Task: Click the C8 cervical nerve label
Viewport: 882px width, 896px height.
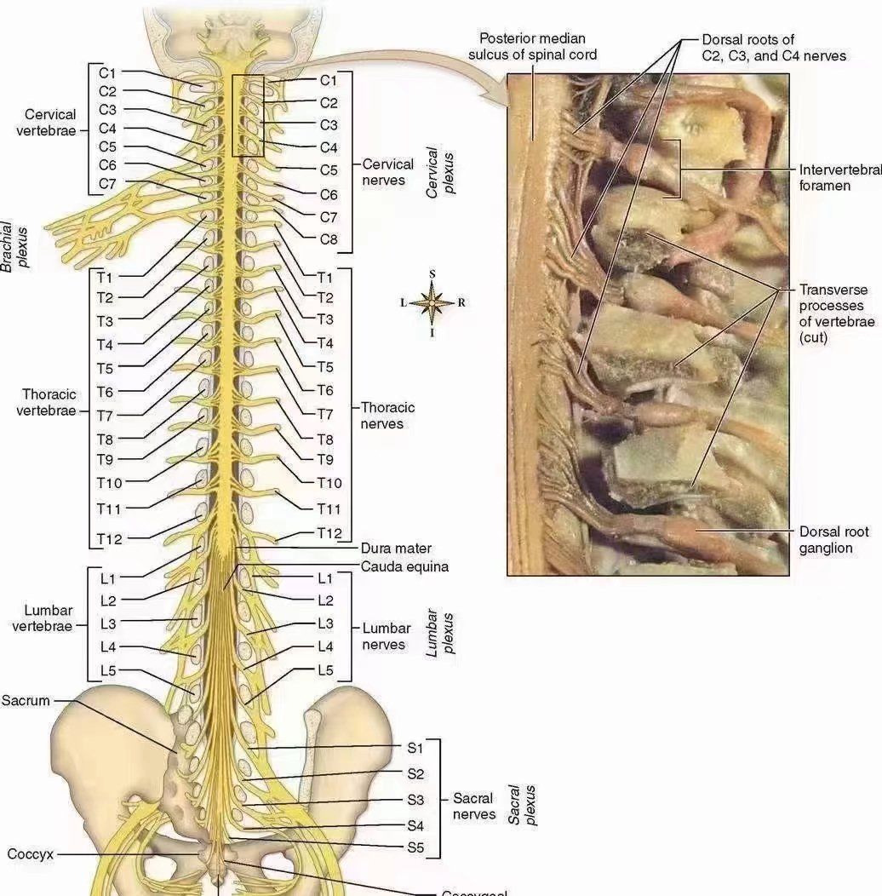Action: [x=329, y=239]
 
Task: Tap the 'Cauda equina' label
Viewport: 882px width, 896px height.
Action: [x=404, y=566]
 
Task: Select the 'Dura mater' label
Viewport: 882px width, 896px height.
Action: [x=396, y=549]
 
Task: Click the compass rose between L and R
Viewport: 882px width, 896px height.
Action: [x=432, y=302]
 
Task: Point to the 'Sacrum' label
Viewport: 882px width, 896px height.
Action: [x=26, y=701]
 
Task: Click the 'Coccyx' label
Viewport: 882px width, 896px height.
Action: [x=30, y=853]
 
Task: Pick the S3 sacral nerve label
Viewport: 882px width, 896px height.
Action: [x=415, y=800]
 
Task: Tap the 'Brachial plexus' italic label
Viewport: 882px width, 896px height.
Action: [x=14, y=247]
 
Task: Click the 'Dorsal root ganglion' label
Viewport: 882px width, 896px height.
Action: [x=834, y=540]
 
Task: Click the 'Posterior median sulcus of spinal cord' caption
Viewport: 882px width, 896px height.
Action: [x=533, y=47]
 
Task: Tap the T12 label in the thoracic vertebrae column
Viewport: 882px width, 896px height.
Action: [x=109, y=538]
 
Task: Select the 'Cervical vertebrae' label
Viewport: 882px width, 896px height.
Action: [x=50, y=122]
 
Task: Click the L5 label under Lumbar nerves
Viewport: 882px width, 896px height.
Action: [x=325, y=670]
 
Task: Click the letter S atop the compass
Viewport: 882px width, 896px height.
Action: [x=432, y=273]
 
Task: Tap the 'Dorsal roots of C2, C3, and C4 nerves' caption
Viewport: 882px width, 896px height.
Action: [x=774, y=48]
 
